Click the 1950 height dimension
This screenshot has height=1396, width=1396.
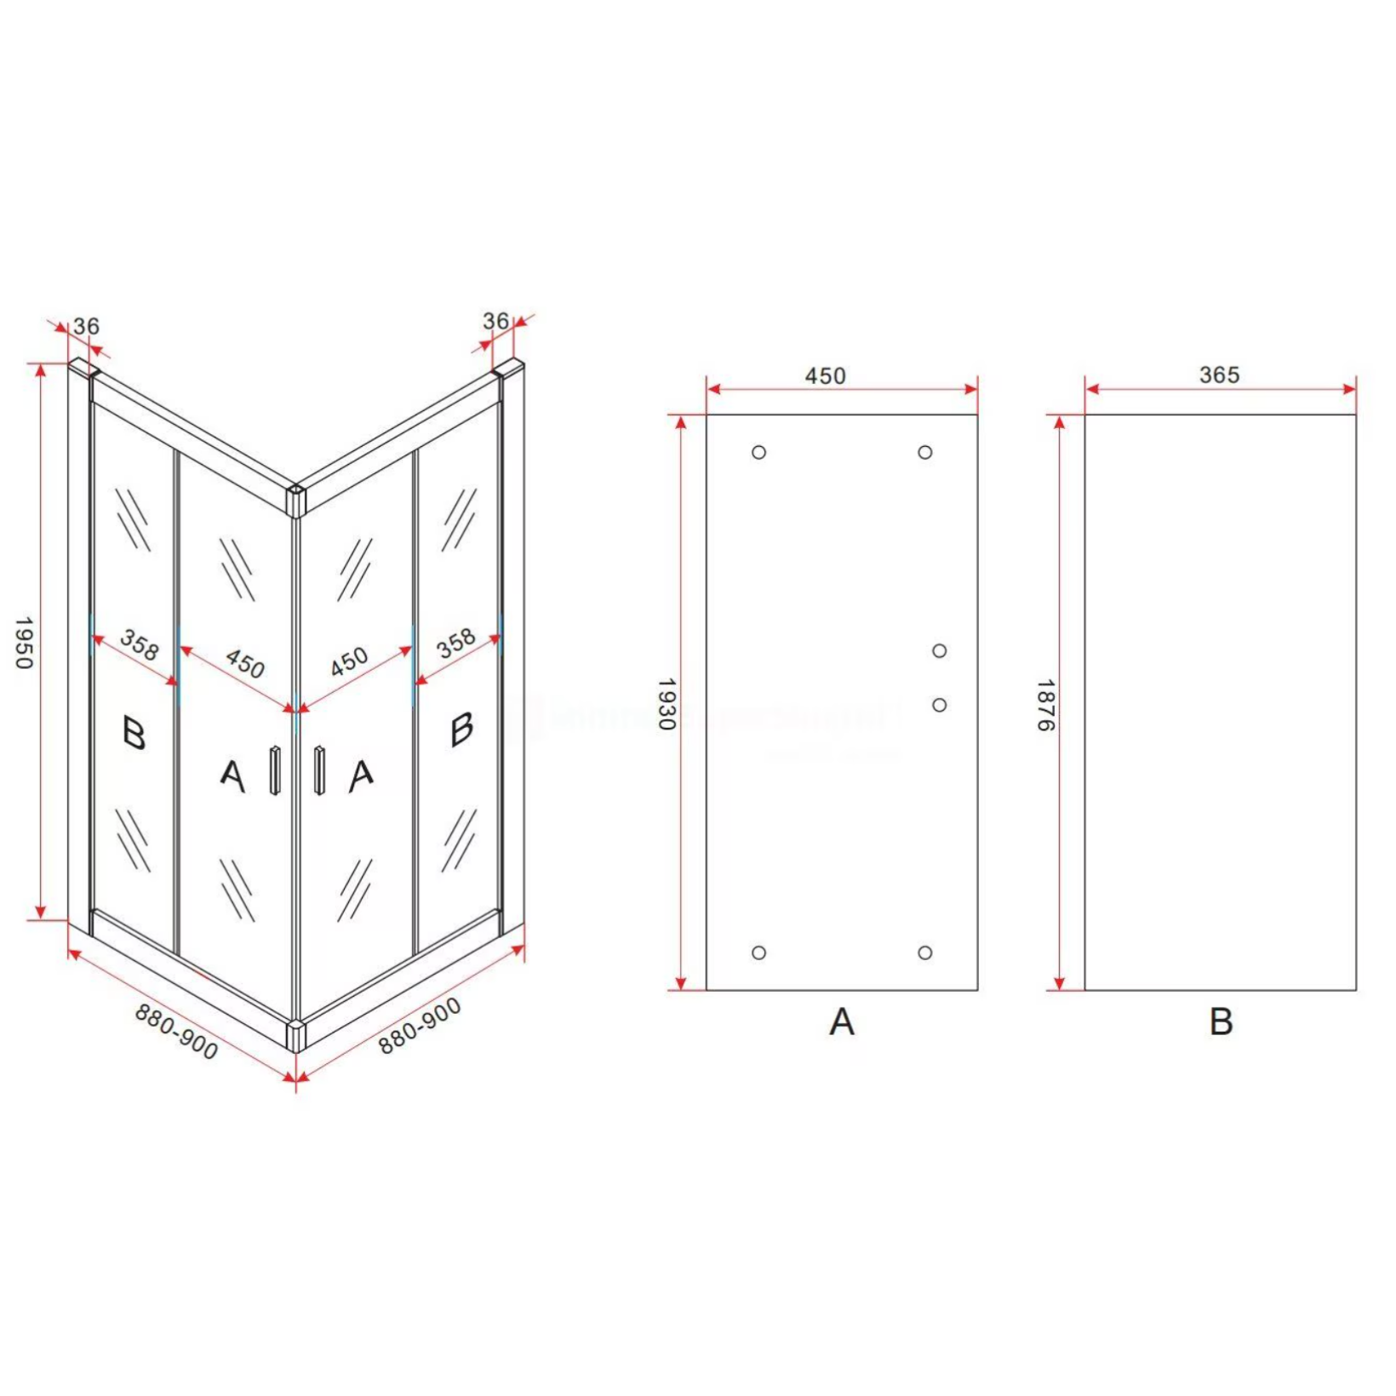pyautogui.click(x=24, y=643)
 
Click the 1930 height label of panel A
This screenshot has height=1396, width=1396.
pyautogui.click(x=667, y=704)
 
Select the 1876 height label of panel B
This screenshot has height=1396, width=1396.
pyautogui.click(x=1045, y=705)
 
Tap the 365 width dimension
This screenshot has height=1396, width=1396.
pyautogui.click(x=1219, y=375)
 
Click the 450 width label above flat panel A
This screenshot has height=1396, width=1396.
pyautogui.click(x=825, y=375)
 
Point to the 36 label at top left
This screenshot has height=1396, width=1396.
pyautogui.click(x=86, y=326)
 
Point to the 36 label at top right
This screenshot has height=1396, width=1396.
pyautogui.click(x=495, y=321)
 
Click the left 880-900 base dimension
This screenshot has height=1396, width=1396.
pyautogui.click(x=176, y=1032)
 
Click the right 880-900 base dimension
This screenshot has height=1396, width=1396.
pyautogui.click(x=420, y=1026)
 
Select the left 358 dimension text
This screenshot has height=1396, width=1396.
pyautogui.click(x=139, y=644)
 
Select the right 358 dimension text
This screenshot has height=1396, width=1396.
pyautogui.click(x=456, y=644)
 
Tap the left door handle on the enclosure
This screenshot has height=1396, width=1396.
pyautogui.click(x=275, y=770)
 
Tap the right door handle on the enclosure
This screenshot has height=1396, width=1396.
pyautogui.click(x=319, y=770)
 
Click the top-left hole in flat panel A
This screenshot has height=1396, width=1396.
pyautogui.click(x=758, y=452)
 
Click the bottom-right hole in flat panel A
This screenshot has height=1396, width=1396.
pyautogui.click(x=925, y=953)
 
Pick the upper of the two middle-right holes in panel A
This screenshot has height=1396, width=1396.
pyautogui.click(x=939, y=650)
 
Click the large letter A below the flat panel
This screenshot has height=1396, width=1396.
pyautogui.click(x=841, y=1021)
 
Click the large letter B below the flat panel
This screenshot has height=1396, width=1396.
pyautogui.click(x=1221, y=1021)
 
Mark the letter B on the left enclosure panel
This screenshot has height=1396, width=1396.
pyautogui.click(x=134, y=733)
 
